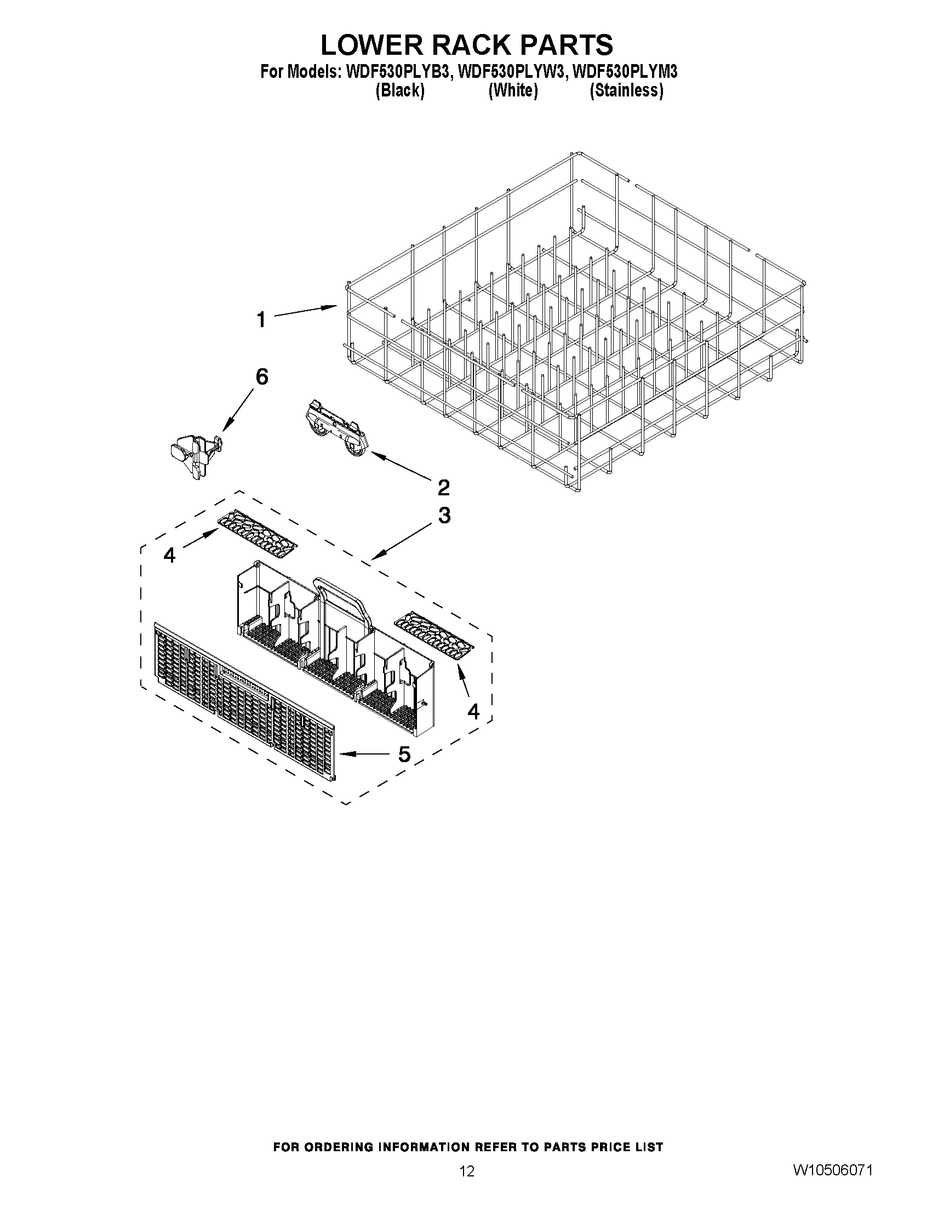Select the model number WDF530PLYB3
(x=397, y=72)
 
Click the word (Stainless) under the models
(x=626, y=90)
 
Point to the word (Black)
(x=400, y=90)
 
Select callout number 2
(x=443, y=487)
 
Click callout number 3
(x=444, y=515)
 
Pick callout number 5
(x=404, y=754)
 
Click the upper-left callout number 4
(x=169, y=555)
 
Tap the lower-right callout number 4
(x=473, y=712)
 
